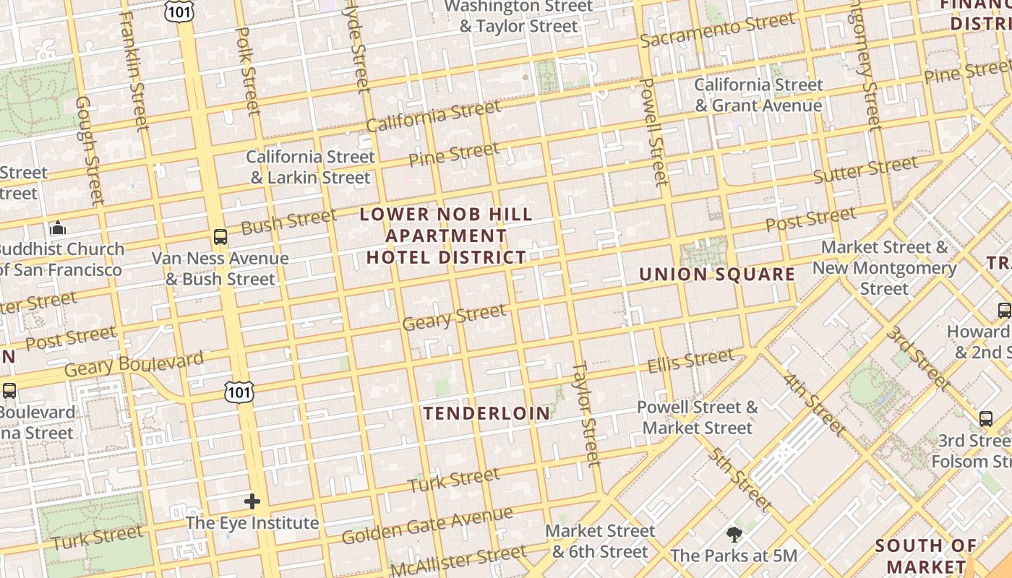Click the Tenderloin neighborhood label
coord(486,413)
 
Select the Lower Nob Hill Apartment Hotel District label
coord(446,236)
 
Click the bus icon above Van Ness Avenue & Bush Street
coord(220,236)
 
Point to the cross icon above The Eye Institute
coord(252,501)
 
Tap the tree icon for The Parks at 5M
coord(734,535)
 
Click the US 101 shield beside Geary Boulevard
coord(239,392)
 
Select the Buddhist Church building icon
coord(58,228)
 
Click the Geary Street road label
coord(454,317)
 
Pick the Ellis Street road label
coord(690,360)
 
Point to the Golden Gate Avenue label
coord(427,526)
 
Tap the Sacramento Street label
coord(718,30)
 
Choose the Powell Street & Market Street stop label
coord(698,418)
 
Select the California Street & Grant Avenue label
coord(758,95)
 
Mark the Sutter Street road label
coord(865,170)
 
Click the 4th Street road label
coord(814,405)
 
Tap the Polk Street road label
coord(247,71)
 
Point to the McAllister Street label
coord(459,562)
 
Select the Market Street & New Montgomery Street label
coord(884,268)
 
